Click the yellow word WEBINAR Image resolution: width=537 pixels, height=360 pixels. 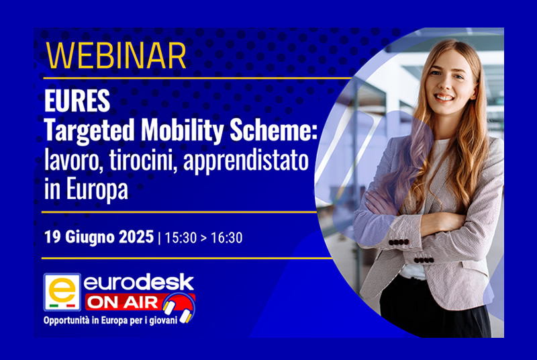pyautogui.click(x=116, y=56)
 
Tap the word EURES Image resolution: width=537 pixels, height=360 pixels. pyautogui.click(x=77, y=101)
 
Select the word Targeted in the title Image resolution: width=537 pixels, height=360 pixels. pyautogui.click(x=89, y=131)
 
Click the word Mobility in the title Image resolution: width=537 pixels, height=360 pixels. pyautogui.click(x=183, y=131)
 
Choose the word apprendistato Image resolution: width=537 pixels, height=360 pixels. pyautogui.click(x=246, y=161)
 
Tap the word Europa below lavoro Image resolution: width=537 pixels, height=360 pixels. pyautogui.click(x=97, y=190)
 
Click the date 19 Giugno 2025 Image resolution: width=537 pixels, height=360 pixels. pyautogui.click(x=99, y=237)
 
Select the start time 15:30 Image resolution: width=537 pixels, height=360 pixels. pyautogui.click(x=181, y=238)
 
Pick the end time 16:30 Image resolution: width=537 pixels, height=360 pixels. pyautogui.click(x=226, y=238)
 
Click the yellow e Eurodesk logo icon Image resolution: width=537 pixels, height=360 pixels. pyautogui.click(x=62, y=292)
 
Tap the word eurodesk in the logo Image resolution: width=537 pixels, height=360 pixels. pyautogui.click(x=139, y=283)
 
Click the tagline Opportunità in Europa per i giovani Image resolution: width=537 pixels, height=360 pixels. pyautogui.click(x=110, y=320)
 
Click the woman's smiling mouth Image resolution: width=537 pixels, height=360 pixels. pyautogui.click(x=444, y=97)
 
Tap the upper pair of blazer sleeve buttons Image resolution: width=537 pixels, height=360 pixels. pyautogui.click(x=398, y=242)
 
